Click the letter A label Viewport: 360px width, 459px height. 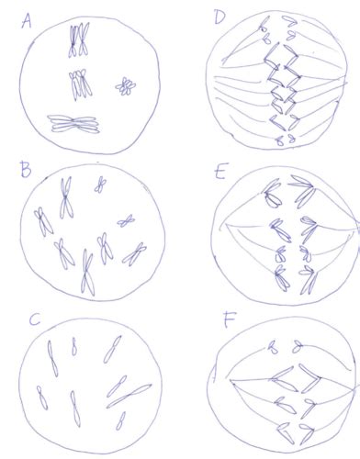(27, 22)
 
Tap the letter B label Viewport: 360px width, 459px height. (26, 171)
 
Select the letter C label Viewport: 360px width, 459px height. (35, 319)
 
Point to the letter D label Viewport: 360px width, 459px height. (220, 17)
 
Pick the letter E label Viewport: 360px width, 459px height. (220, 172)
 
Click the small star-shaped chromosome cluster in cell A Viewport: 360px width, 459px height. (126, 86)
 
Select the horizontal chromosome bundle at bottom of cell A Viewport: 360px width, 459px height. (73, 124)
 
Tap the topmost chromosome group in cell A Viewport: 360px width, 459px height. (79, 39)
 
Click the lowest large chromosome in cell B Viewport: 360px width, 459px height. (87, 273)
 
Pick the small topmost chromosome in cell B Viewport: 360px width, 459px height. (100, 185)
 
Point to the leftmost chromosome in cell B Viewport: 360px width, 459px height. (43, 222)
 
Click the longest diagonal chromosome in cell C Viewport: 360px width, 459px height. (129, 396)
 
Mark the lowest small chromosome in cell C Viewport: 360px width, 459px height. (120, 421)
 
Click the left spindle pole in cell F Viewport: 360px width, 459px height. (231, 380)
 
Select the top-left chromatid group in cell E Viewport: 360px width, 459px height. (273, 193)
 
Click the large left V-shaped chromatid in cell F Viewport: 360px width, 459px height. (284, 379)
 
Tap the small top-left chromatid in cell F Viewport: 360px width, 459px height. (273, 348)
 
